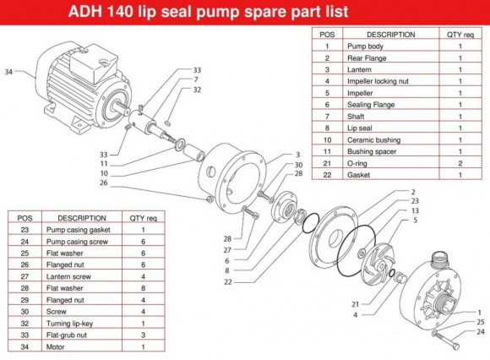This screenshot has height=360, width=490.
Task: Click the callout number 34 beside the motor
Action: click(x=8, y=73)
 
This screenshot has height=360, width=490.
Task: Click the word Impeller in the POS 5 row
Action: click(x=362, y=93)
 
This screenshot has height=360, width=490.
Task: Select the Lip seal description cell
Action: click(x=362, y=128)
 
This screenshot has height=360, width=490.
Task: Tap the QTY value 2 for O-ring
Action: click(x=460, y=162)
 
